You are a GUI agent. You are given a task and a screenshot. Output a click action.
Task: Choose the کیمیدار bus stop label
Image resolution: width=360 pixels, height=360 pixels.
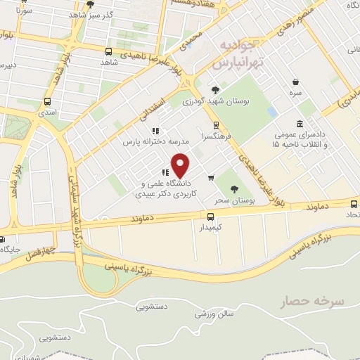210,229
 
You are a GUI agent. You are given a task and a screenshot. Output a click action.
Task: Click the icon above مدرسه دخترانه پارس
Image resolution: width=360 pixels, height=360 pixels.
155,130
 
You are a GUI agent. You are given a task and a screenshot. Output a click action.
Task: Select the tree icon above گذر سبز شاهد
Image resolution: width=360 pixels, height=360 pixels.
89,4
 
